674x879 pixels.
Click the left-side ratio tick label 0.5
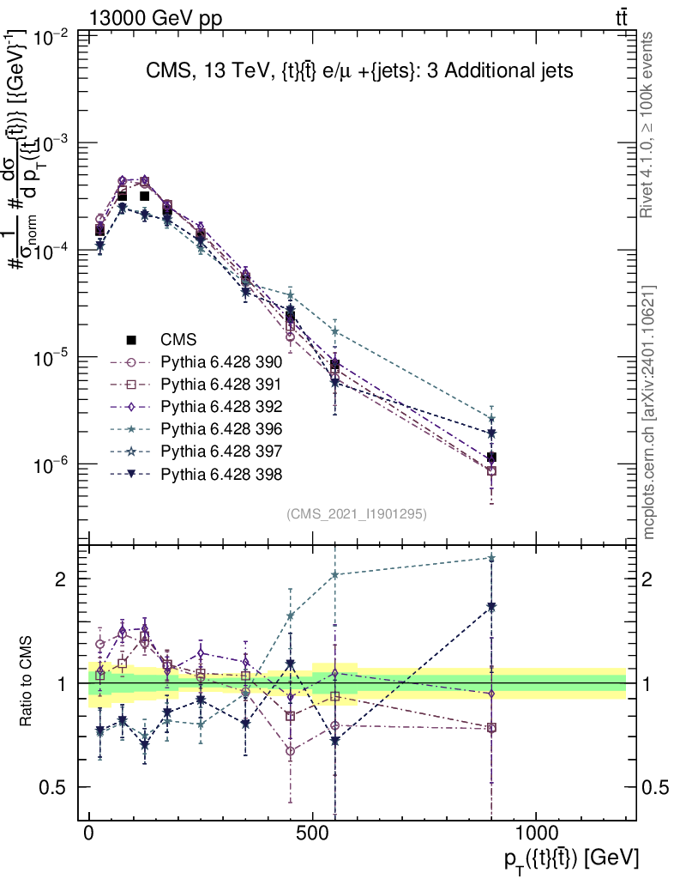click(x=57, y=788)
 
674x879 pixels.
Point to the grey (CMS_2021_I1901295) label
click(x=357, y=514)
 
